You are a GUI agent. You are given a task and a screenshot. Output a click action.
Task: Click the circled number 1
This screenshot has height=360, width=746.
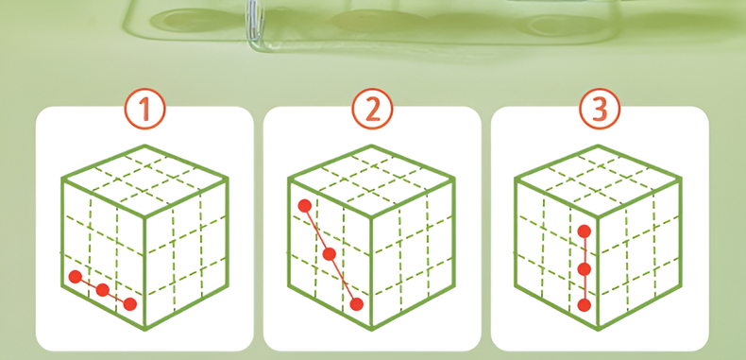(145, 109)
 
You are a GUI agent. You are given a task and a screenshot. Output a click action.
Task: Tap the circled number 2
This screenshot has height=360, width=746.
(372, 109)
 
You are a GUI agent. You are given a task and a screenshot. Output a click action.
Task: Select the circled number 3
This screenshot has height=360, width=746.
(600, 109)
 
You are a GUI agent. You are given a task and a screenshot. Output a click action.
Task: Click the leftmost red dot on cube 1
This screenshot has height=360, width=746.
(76, 277)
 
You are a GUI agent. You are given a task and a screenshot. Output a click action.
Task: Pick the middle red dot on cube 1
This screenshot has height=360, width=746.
(103, 290)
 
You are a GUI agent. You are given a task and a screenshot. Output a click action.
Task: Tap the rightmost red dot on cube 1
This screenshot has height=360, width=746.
(130, 304)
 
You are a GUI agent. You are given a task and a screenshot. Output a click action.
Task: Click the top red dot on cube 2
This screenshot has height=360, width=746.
(304, 206)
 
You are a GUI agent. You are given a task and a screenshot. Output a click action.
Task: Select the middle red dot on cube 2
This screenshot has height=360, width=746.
(330, 254)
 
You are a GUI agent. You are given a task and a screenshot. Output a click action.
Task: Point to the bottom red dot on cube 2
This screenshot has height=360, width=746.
(356, 304)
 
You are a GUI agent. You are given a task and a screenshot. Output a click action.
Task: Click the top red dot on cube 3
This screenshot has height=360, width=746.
(585, 231)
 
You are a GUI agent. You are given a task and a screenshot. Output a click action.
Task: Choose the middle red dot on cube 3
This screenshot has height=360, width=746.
(585, 269)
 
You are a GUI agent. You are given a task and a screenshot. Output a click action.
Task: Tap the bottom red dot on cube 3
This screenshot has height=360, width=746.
(585, 305)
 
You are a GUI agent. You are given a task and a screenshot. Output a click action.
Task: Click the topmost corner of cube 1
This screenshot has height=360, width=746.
(145, 146)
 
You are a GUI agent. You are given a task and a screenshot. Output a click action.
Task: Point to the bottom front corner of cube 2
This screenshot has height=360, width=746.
(371, 328)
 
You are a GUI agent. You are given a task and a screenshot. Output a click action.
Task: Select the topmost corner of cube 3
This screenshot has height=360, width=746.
(598, 146)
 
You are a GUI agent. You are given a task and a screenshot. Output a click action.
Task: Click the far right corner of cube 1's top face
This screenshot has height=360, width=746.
(228, 179)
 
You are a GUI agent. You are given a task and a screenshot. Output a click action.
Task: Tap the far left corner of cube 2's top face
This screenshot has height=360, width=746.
(289, 179)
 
